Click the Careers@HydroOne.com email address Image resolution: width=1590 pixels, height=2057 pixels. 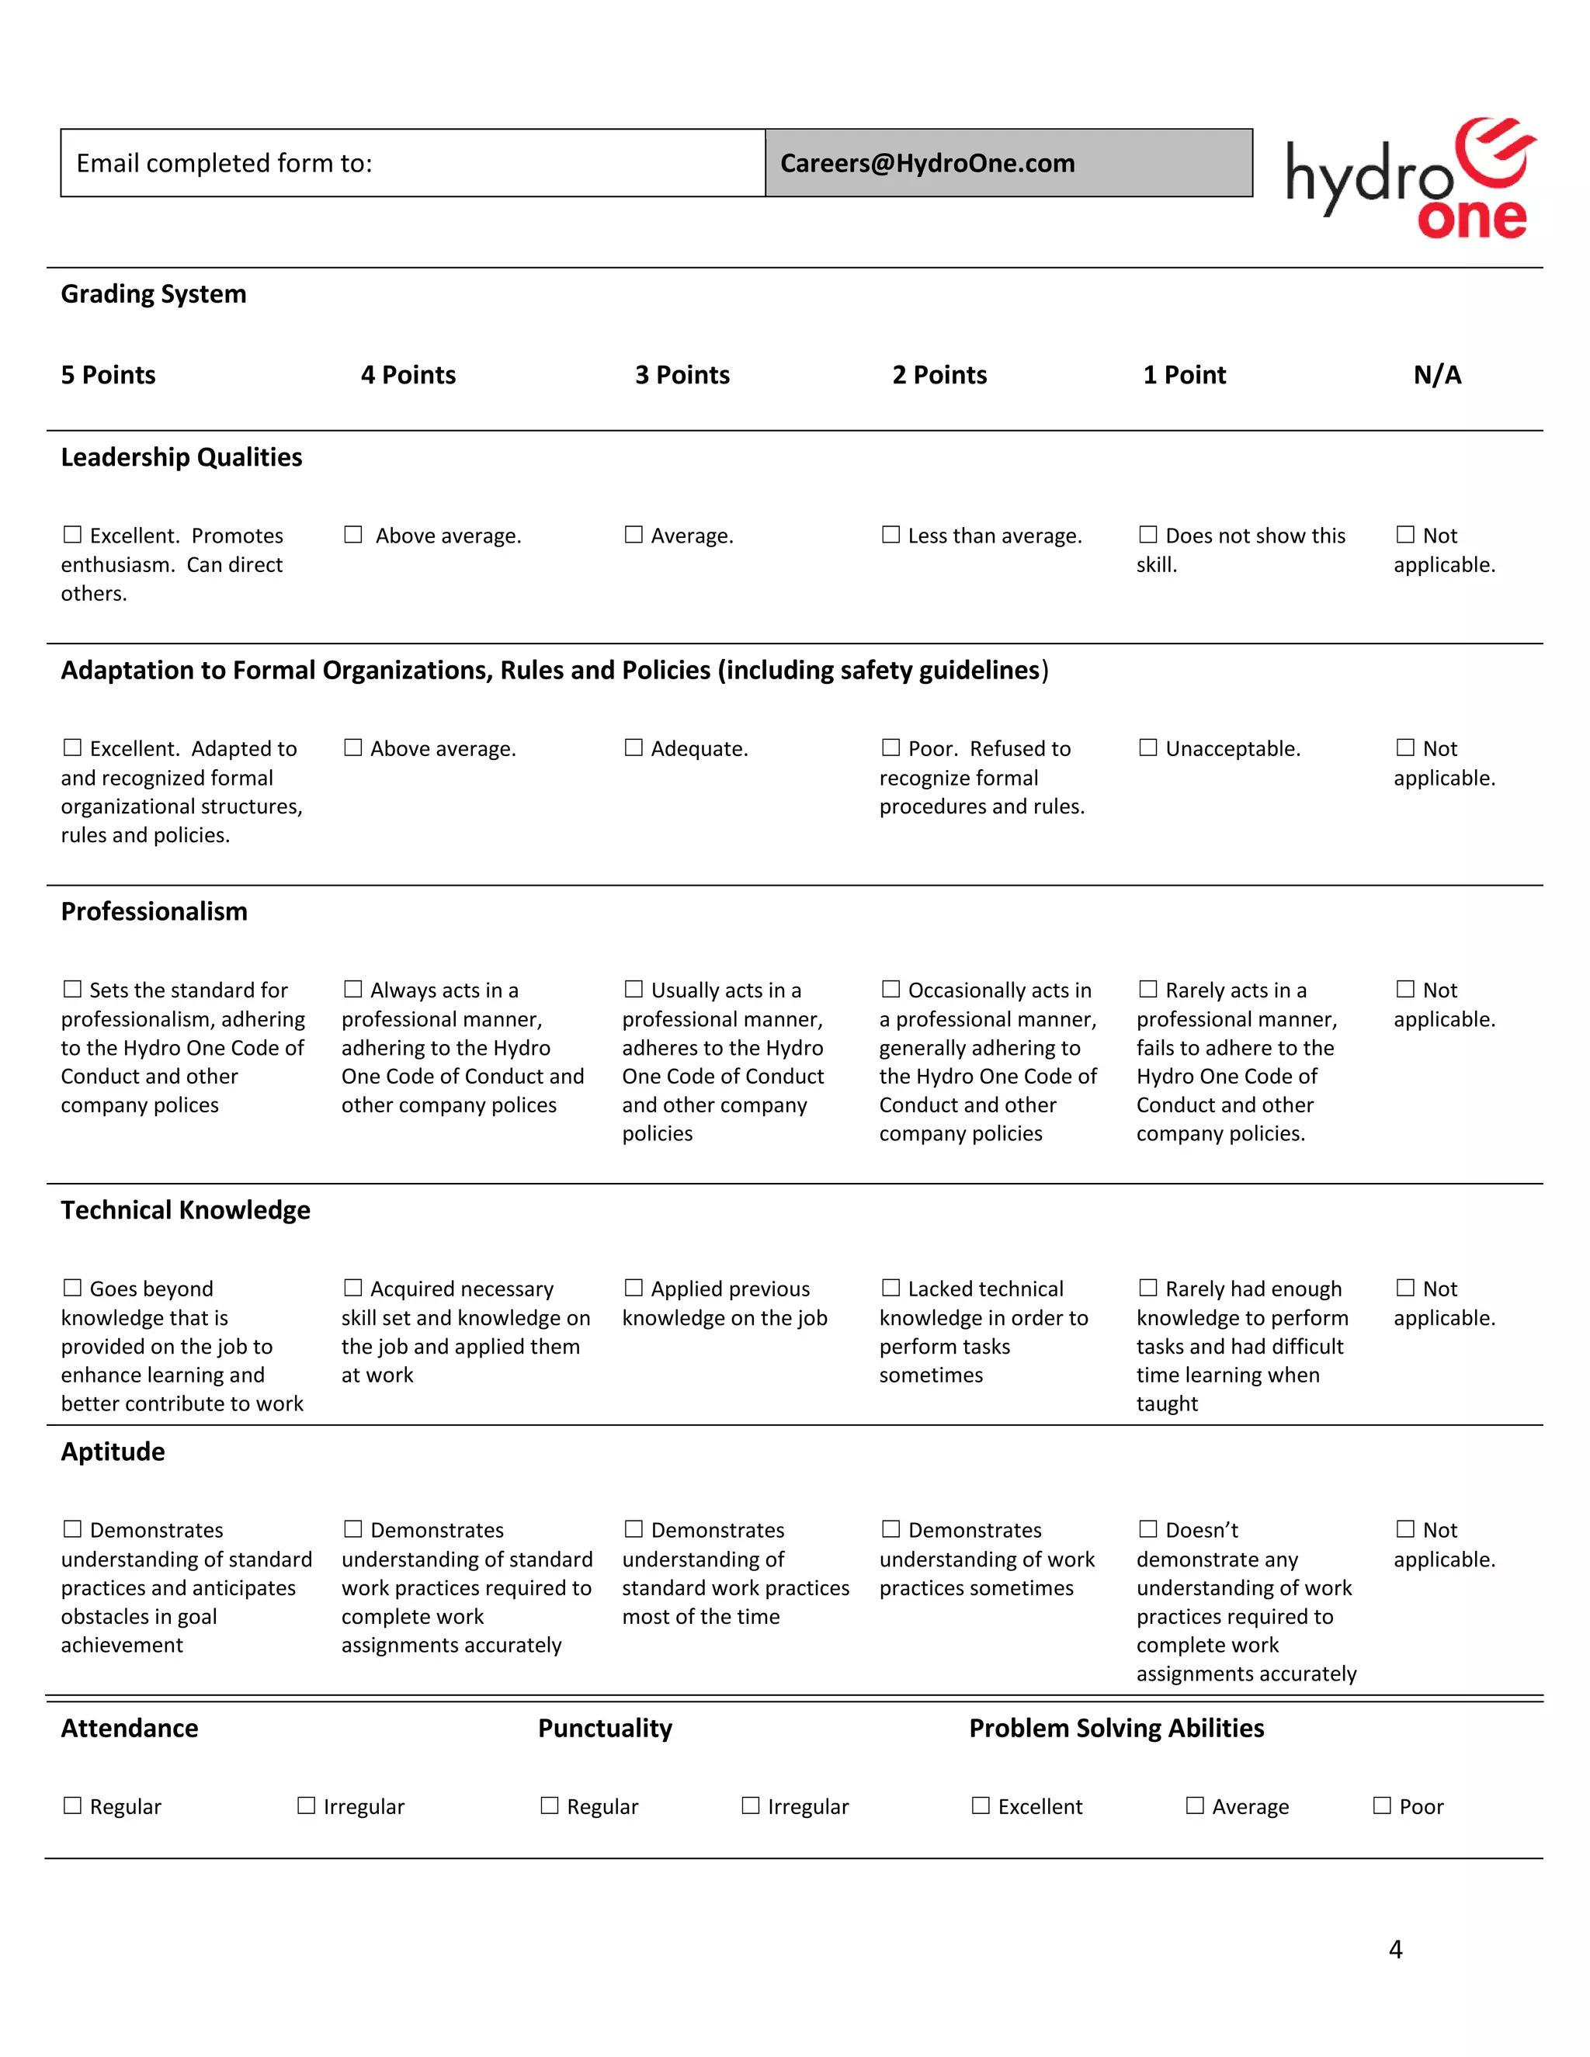pos(927,163)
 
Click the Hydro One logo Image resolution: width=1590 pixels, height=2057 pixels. pos(1409,179)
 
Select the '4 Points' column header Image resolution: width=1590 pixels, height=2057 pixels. pos(408,375)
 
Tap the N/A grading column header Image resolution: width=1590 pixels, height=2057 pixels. pos(1436,375)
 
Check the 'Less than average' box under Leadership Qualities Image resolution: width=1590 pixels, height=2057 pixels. pos(890,535)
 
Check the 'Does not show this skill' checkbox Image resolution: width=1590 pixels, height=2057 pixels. pos(1147,535)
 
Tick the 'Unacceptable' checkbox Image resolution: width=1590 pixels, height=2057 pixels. pos(1147,748)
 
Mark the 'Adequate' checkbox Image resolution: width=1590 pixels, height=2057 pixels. pos(633,748)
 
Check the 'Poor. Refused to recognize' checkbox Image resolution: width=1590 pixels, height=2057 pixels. pos(890,748)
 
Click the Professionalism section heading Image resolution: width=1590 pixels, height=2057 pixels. pos(154,912)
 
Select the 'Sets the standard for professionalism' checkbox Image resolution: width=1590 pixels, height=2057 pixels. pos(72,989)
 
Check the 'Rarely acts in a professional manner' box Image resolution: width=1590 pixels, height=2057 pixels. pos(1147,989)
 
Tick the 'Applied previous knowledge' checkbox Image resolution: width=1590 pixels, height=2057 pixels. pos(633,1288)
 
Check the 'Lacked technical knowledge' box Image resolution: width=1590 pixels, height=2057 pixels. pos(890,1288)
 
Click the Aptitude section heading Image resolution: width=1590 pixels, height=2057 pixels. pos(113,1452)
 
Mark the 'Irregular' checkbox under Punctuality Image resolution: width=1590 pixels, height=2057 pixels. pos(750,1806)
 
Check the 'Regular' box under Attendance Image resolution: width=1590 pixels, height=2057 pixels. pos(72,1806)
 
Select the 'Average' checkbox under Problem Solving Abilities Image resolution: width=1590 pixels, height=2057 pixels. pos(1194,1806)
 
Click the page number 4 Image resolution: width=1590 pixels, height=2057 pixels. pos(1395,1948)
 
